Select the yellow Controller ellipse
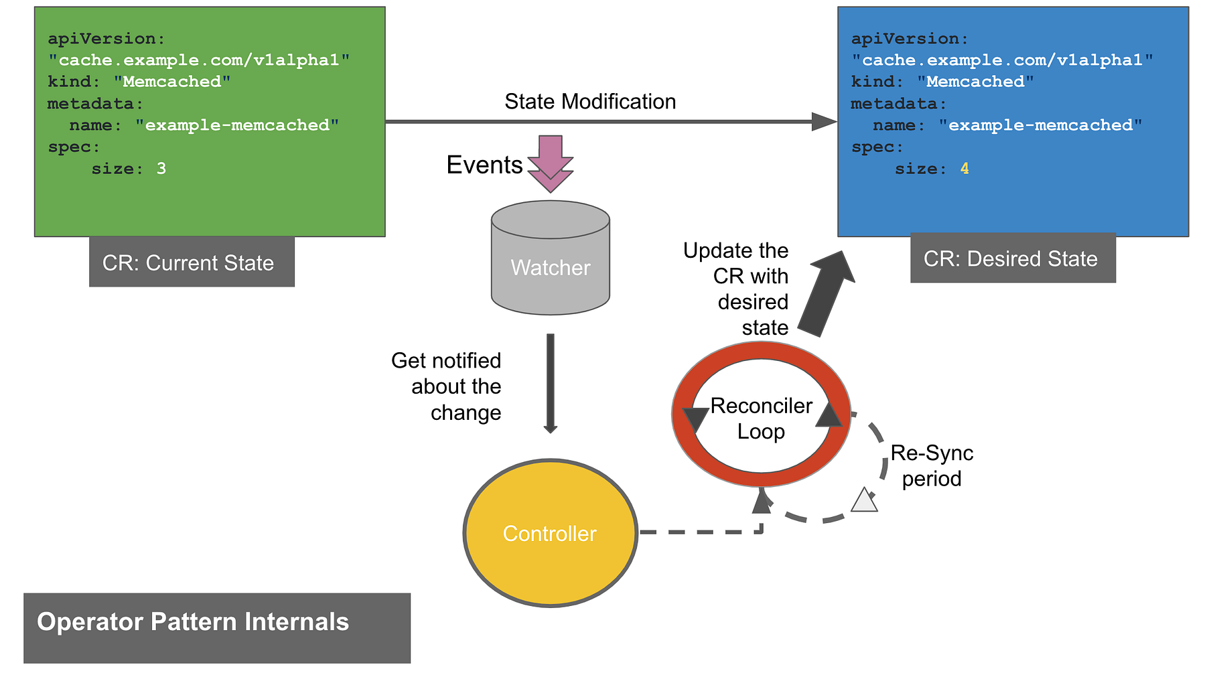pyautogui.click(x=550, y=533)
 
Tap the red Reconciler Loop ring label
pyautogui.click(x=761, y=418)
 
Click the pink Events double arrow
pyautogui.click(x=550, y=163)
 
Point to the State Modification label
pyautogui.click(x=589, y=102)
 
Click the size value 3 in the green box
pyautogui.click(x=161, y=169)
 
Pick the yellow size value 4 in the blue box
pyautogui.click(x=965, y=169)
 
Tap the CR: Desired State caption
pyautogui.click(x=1011, y=258)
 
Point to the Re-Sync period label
pyautogui.click(x=931, y=465)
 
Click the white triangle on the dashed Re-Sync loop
pyautogui.click(x=864, y=501)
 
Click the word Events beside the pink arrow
pyautogui.click(x=484, y=165)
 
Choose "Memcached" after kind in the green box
pyautogui.click(x=172, y=82)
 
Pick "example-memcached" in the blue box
pyautogui.click(x=1040, y=125)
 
